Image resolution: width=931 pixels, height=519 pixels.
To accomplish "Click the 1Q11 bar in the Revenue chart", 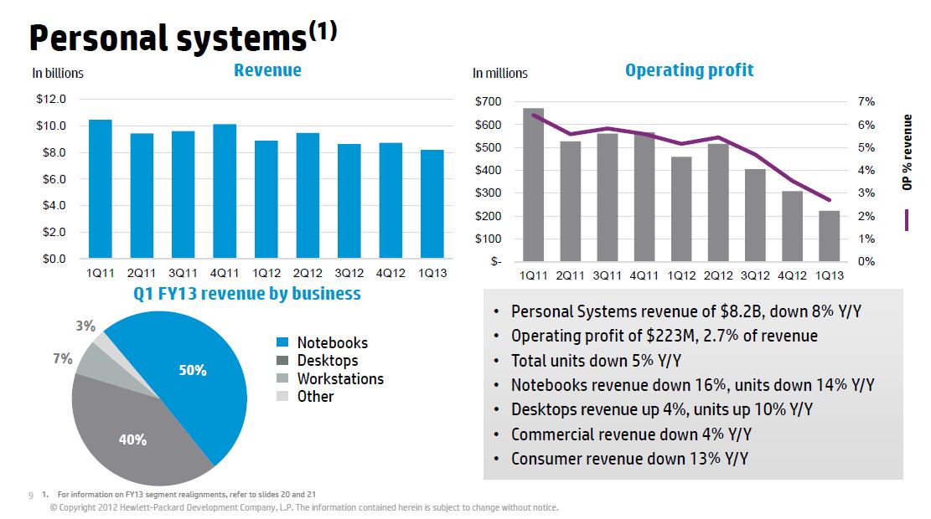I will [101, 189].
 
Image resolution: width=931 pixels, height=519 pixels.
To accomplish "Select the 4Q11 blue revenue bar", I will [225, 192].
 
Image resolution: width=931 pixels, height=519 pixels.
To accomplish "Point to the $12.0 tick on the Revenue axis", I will [51, 100].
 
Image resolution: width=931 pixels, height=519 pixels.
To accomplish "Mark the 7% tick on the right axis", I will [866, 102].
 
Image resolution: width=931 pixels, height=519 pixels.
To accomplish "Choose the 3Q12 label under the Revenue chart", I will [349, 274].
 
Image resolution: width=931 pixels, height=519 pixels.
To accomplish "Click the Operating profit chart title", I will [689, 70].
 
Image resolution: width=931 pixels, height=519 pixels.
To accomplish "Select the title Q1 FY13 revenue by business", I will [247, 294].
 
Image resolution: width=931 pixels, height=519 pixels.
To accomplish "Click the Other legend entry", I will [315, 397].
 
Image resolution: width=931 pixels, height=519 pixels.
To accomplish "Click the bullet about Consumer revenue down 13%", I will [629, 458].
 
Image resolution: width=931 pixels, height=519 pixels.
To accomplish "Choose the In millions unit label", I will [500, 74].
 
